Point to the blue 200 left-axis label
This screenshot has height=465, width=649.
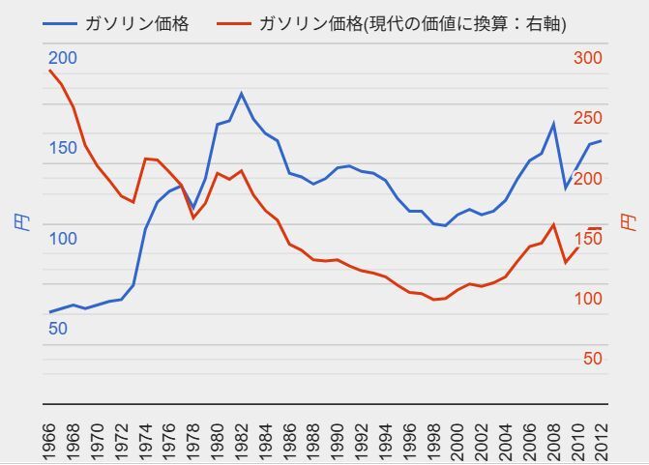click(x=62, y=58)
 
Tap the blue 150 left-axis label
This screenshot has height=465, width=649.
click(x=62, y=148)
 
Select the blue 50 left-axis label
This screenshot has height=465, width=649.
click(x=58, y=329)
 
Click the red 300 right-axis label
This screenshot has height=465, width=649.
click(x=587, y=58)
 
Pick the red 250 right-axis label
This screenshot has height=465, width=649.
click(x=587, y=118)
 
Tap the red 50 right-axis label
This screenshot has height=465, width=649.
click(x=592, y=359)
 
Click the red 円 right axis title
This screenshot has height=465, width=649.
click(x=630, y=221)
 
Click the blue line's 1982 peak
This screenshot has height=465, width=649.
click(x=241, y=94)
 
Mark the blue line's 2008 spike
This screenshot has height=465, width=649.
click(x=552, y=124)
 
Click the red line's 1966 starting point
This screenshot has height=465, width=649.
click(x=49, y=71)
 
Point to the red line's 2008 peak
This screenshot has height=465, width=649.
click(x=552, y=225)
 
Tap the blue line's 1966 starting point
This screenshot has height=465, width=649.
click(x=49, y=312)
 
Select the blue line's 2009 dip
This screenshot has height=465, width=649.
click(x=565, y=188)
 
